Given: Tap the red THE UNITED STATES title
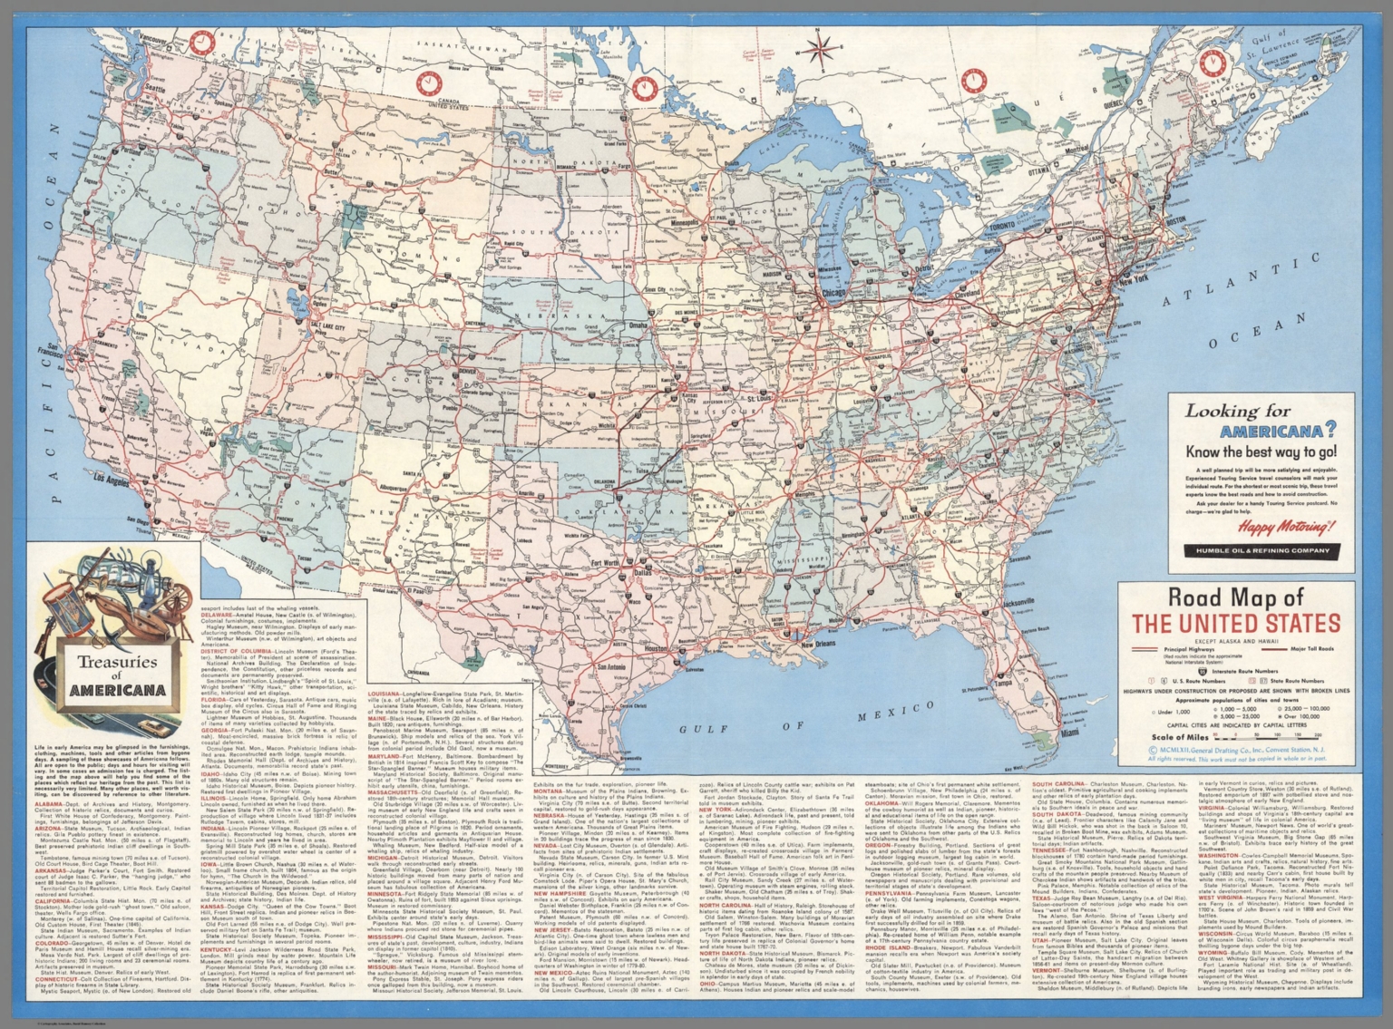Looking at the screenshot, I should [x=1234, y=624].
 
